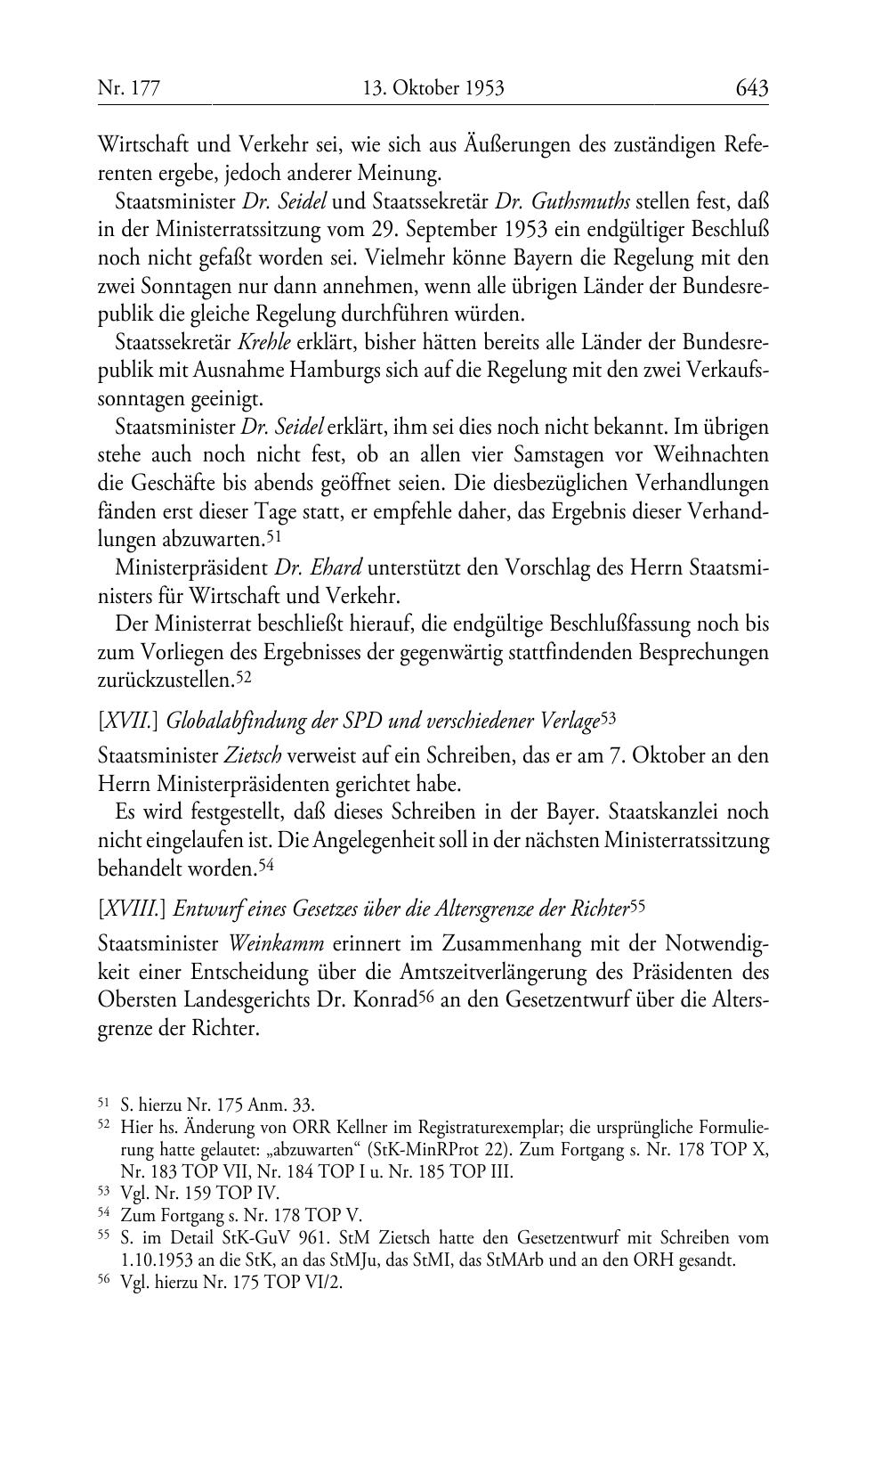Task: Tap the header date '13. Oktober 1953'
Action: (x=433, y=88)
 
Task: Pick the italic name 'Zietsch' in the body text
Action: (x=253, y=756)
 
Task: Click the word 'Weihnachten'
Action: (x=708, y=455)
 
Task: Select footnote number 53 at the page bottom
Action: (x=103, y=1193)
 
